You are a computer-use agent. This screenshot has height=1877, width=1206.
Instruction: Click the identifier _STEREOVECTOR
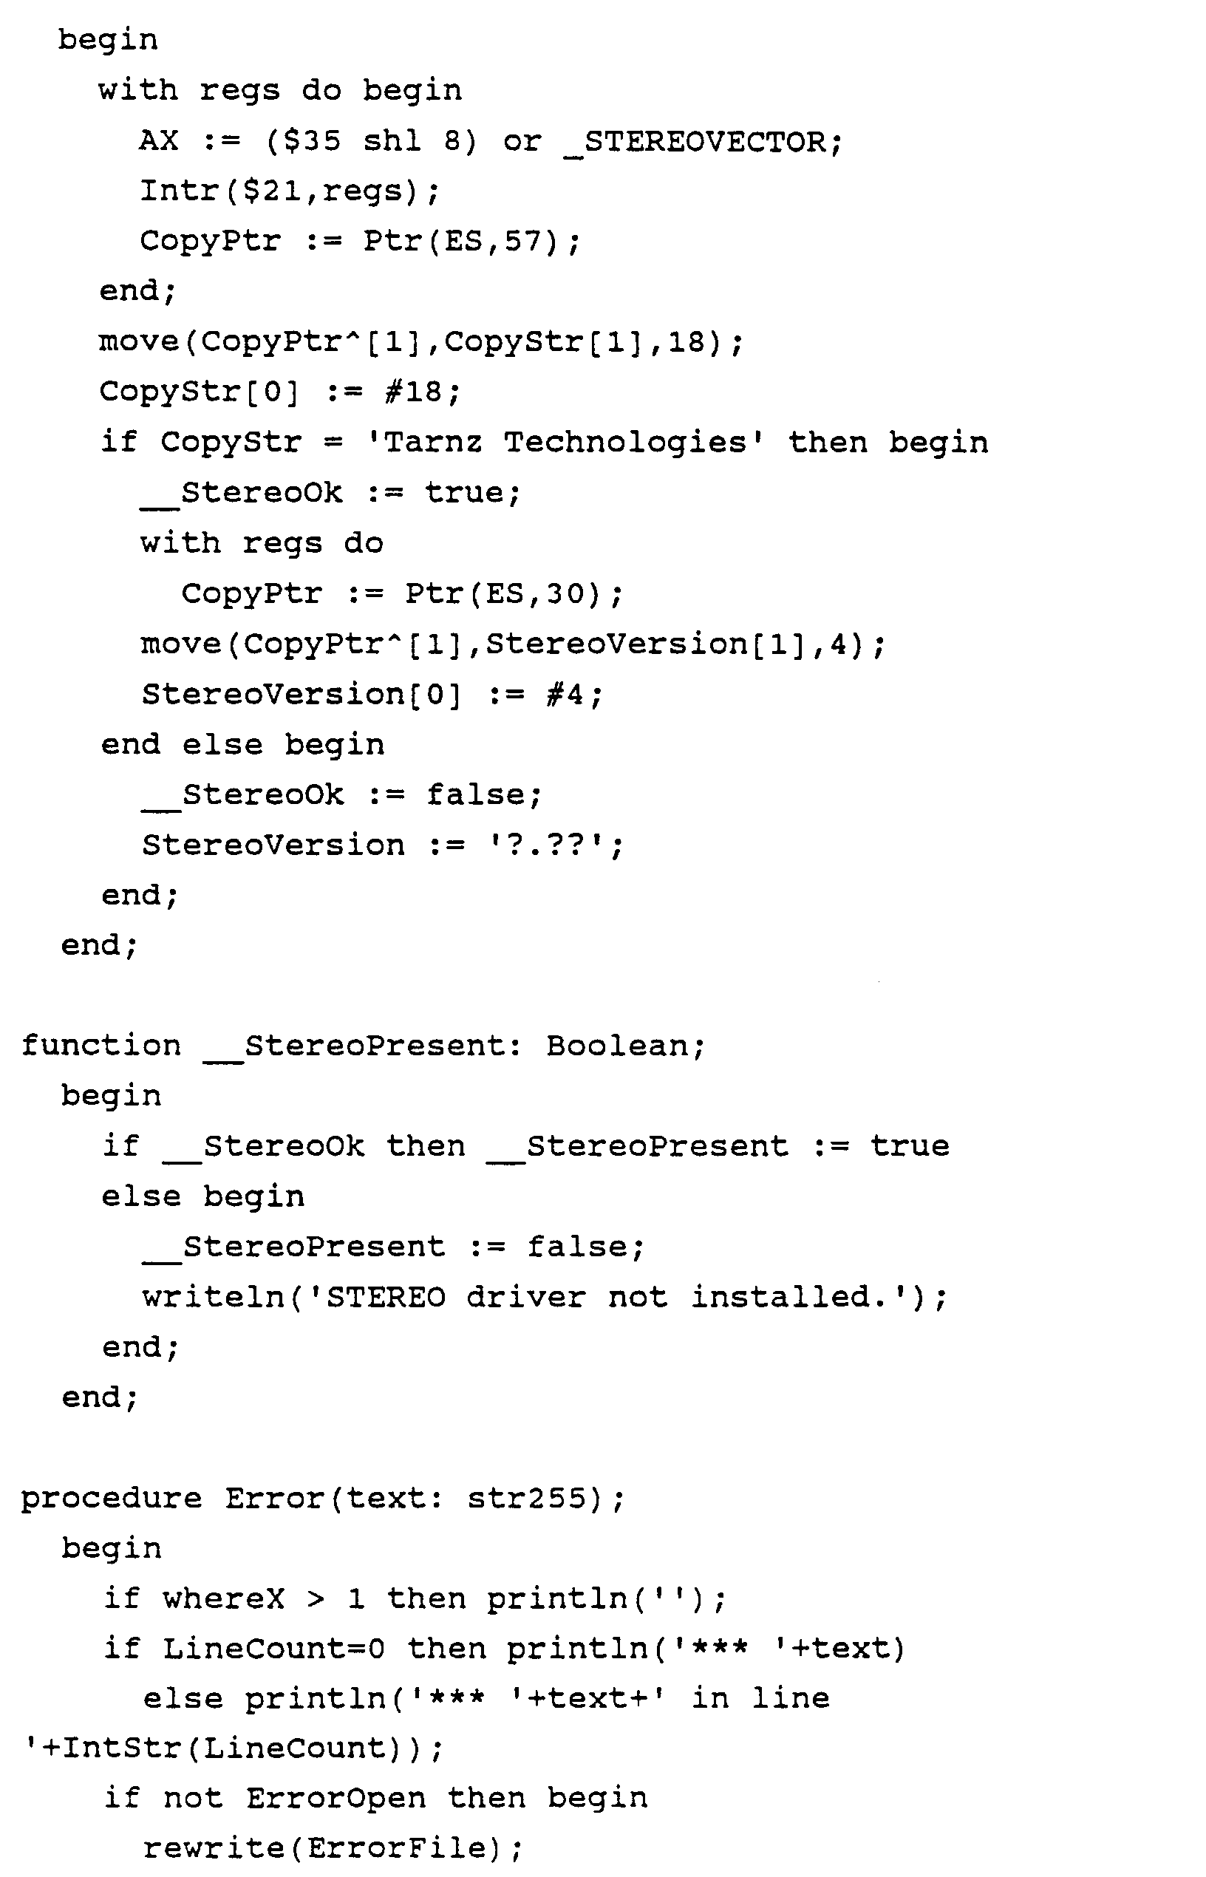pyautogui.click(x=703, y=142)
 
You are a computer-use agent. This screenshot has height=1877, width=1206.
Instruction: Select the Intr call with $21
pyautogui.click(x=290, y=191)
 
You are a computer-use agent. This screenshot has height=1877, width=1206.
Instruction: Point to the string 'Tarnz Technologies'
pyautogui.click(x=565, y=443)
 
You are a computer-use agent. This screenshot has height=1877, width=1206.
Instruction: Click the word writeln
pyautogui.click(x=213, y=1298)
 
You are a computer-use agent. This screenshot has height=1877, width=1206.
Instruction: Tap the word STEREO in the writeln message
pyautogui.click(x=385, y=1298)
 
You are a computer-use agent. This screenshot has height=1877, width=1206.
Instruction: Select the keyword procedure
pyautogui.click(x=110, y=1499)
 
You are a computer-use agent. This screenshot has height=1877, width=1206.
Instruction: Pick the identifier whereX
pyautogui.click(x=223, y=1599)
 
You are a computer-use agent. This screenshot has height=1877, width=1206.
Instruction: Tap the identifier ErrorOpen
pyautogui.click(x=335, y=1799)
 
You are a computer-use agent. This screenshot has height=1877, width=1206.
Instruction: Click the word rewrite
pyautogui.click(x=213, y=1849)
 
